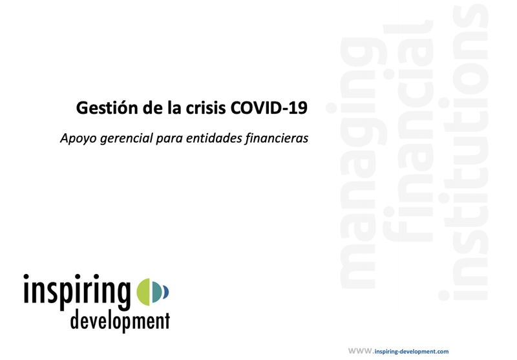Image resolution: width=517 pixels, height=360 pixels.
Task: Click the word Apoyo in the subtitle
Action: point(76,138)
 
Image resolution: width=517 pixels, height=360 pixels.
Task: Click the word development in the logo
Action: point(121,321)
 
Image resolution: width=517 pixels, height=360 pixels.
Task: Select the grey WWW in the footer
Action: point(360,350)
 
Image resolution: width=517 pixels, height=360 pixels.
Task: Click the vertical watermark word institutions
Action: point(470,155)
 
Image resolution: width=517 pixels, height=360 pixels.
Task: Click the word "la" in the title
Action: point(166,107)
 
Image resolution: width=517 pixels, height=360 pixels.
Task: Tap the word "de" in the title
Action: point(145,107)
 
